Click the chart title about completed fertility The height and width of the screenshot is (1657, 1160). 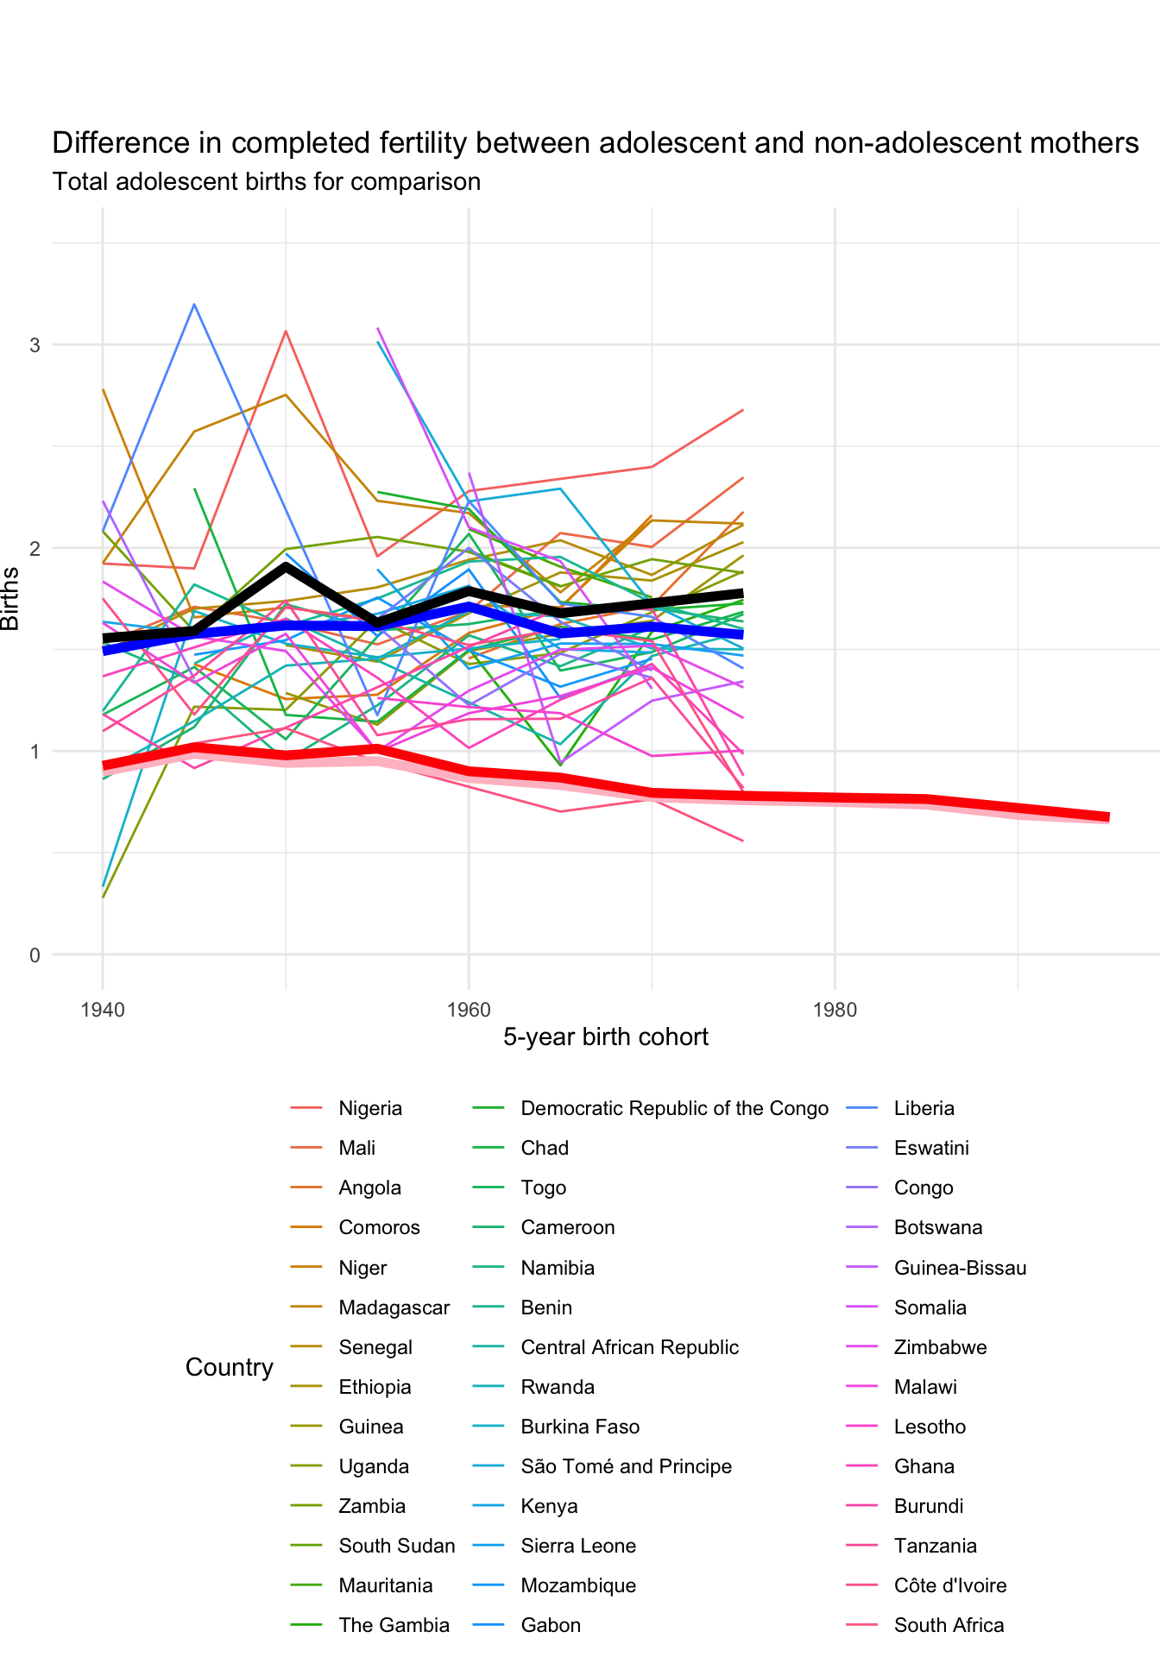(x=596, y=142)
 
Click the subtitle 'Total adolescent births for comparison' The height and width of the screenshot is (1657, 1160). (x=267, y=182)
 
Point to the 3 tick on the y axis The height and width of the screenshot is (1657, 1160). (x=35, y=345)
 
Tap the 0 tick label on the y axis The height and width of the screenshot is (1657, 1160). (x=35, y=955)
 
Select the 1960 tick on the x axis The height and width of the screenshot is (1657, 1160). (x=469, y=1010)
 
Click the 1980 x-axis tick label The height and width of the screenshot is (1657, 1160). (x=835, y=1010)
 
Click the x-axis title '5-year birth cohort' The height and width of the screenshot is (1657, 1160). (x=606, y=1037)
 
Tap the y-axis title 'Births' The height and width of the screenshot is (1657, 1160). (x=10, y=598)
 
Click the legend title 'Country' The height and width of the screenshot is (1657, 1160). (x=229, y=1367)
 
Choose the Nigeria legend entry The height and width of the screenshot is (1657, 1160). (x=370, y=1108)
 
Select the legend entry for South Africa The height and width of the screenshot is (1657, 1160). (x=949, y=1626)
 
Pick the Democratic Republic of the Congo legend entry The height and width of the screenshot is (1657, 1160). (x=674, y=1108)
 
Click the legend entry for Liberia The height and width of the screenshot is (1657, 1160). (x=924, y=1108)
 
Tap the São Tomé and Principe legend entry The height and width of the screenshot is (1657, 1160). (x=626, y=1467)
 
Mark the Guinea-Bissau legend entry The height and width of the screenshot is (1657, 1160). (x=960, y=1268)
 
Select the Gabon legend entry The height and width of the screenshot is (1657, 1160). (x=551, y=1626)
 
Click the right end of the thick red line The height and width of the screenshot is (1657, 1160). (x=1108, y=817)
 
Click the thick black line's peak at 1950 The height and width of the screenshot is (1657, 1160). (x=286, y=566)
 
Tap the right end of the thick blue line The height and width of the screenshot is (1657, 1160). (x=742, y=634)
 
